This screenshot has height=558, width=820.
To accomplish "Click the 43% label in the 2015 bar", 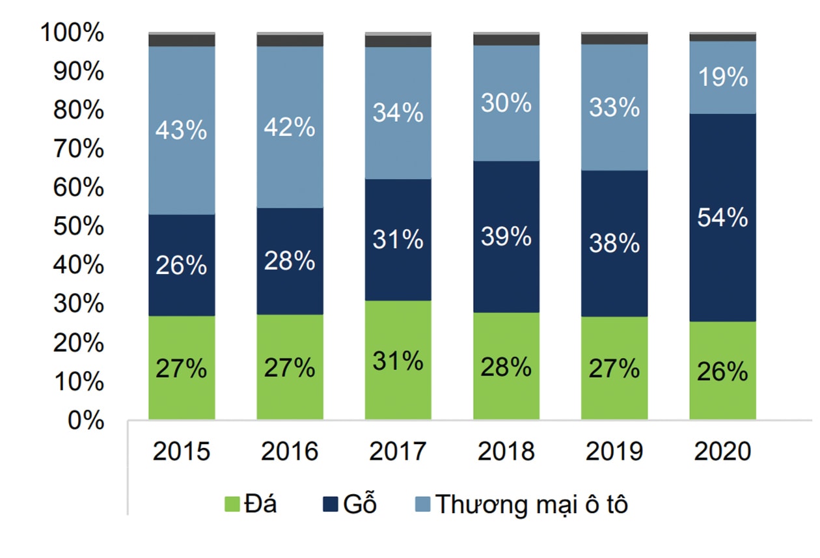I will tap(181, 130).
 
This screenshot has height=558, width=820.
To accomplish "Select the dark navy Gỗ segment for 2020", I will tap(722, 273).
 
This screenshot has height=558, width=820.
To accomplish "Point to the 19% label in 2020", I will tap(722, 78).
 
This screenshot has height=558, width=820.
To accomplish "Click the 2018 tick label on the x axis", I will tap(506, 451).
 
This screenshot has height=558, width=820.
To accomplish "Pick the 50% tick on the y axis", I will tap(78, 227).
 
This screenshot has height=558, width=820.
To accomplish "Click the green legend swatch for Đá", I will tap(232, 505).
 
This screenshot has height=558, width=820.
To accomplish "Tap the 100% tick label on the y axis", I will tap(72, 33).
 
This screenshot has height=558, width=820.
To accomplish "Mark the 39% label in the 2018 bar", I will tap(506, 237).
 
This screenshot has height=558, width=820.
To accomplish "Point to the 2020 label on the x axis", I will tap(722, 451).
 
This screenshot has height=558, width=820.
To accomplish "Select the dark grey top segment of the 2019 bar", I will tap(614, 39).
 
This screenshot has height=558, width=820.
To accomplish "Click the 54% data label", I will tap(722, 218).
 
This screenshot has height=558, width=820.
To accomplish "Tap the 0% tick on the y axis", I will tap(85, 421).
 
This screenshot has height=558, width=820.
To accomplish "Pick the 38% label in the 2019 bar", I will tap(614, 244).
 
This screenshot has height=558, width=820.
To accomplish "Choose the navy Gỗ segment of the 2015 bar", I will tap(181, 286).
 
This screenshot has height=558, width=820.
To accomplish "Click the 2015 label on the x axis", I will tap(181, 451).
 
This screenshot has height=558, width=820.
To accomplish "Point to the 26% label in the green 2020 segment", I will tap(722, 372).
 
